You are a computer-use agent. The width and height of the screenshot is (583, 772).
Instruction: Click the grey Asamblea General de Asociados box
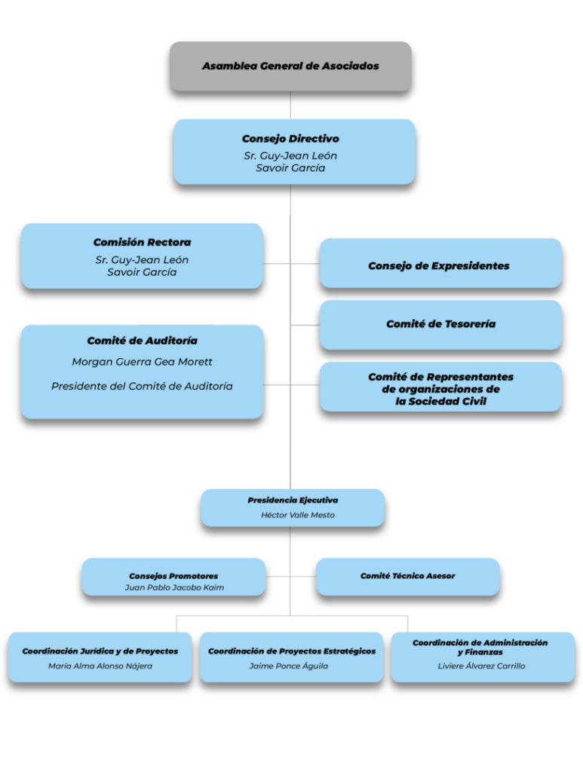(290, 66)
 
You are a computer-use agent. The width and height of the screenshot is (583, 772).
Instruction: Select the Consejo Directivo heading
(290, 139)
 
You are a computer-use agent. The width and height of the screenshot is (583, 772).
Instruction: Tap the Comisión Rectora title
(142, 242)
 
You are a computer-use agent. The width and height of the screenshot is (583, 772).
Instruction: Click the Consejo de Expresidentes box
(440, 263)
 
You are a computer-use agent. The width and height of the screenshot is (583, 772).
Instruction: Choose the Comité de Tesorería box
(440, 325)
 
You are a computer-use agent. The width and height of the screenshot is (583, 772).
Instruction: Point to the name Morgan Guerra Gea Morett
(142, 362)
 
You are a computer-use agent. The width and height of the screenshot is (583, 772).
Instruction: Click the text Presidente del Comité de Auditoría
(142, 387)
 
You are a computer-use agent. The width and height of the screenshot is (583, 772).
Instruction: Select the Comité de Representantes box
(440, 387)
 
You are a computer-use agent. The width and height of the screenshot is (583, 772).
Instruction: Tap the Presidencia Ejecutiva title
(293, 501)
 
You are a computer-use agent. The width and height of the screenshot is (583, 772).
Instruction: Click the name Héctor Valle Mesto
(297, 515)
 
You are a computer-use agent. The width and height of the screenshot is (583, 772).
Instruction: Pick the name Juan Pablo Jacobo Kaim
(174, 587)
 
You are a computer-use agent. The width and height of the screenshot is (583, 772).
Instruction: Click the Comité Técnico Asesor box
(408, 577)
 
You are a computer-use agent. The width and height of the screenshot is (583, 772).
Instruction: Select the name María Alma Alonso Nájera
(100, 666)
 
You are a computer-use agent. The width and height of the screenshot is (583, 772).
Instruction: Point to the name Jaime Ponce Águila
(288, 666)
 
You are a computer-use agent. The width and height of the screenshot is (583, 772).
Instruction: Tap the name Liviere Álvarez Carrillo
(481, 666)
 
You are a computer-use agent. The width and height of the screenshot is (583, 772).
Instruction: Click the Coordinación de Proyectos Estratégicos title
(291, 651)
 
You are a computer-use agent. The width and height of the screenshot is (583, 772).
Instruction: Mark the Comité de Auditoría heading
(142, 341)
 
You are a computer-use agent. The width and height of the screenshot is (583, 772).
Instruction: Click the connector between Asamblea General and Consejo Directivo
(290, 105)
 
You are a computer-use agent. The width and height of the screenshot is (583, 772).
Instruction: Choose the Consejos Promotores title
(173, 576)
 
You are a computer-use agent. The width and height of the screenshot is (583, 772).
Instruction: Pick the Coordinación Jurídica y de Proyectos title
(100, 651)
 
